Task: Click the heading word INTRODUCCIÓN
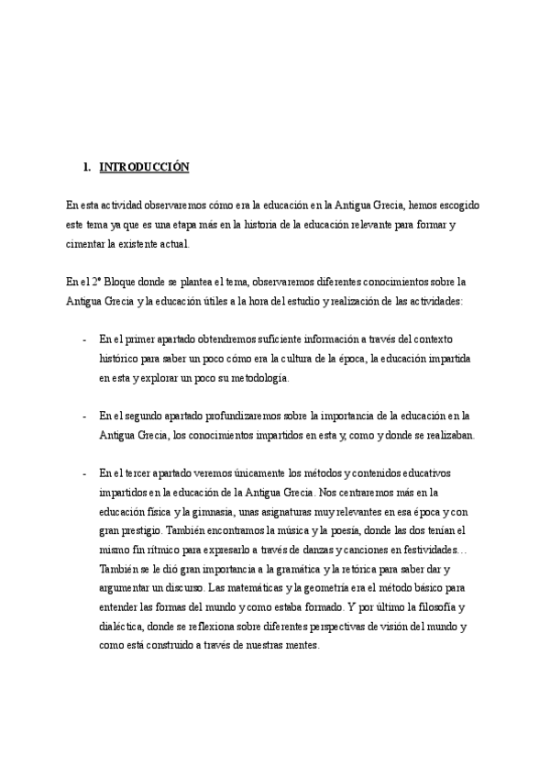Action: coord(143,167)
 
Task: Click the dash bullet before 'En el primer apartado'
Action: coord(84,339)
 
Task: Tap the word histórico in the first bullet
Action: coord(120,358)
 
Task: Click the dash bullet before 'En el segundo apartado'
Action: coord(84,416)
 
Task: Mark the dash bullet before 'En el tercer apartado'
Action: coord(84,473)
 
